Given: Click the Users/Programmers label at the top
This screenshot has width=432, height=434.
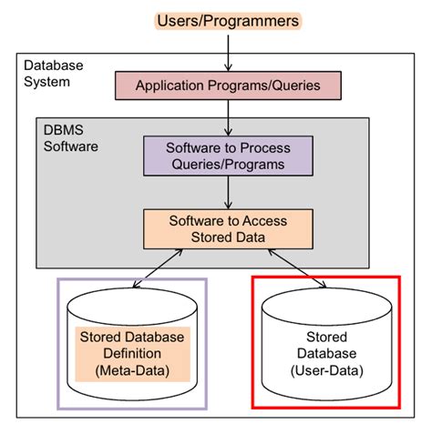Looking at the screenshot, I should [x=228, y=19].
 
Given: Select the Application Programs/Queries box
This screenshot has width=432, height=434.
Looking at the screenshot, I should [x=228, y=86].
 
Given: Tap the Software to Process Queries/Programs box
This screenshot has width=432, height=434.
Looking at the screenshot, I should [x=228, y=156].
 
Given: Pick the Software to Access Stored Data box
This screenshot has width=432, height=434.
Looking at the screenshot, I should [x=228, y=229].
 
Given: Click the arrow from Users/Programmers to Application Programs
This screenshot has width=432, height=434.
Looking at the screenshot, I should [x=228, y=51].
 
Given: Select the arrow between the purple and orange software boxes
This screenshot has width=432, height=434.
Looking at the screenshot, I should [x=228, y=193].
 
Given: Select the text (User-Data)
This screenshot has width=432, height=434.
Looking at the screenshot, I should [x=325, y=370].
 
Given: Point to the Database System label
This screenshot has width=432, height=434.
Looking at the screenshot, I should [x=53, y=74].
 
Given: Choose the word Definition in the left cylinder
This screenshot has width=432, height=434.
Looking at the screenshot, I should [x=132, y=353].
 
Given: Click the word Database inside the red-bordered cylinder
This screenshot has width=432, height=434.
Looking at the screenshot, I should [x=325, y=354].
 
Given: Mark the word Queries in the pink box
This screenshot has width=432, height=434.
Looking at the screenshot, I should [x=295, y=86].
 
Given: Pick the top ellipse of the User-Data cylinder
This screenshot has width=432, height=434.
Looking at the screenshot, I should [x=325, y=303].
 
